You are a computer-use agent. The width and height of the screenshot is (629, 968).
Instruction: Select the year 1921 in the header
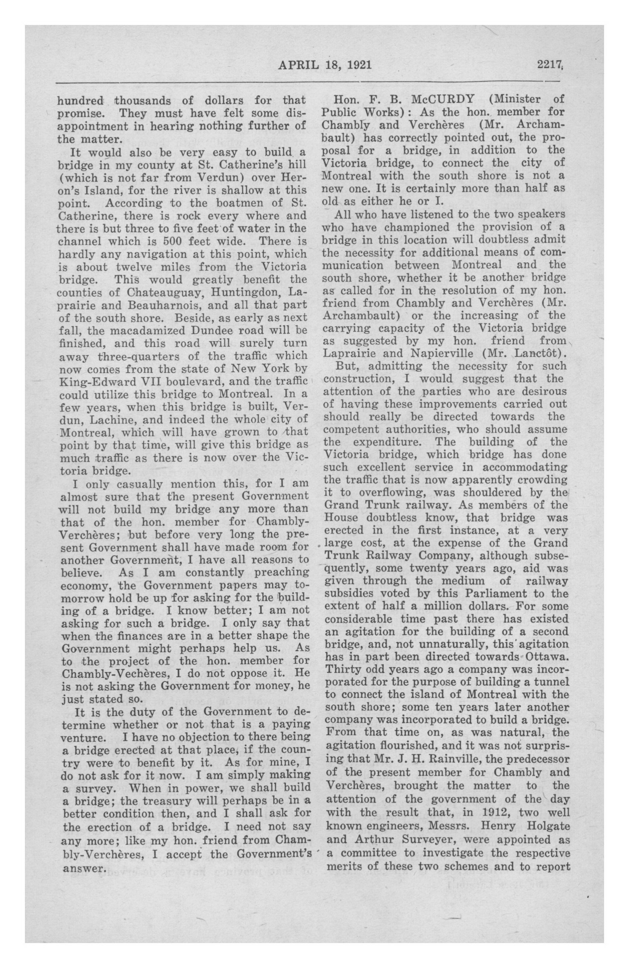[x=356, y=65]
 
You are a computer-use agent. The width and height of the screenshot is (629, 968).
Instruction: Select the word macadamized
[x=139, y=330]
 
